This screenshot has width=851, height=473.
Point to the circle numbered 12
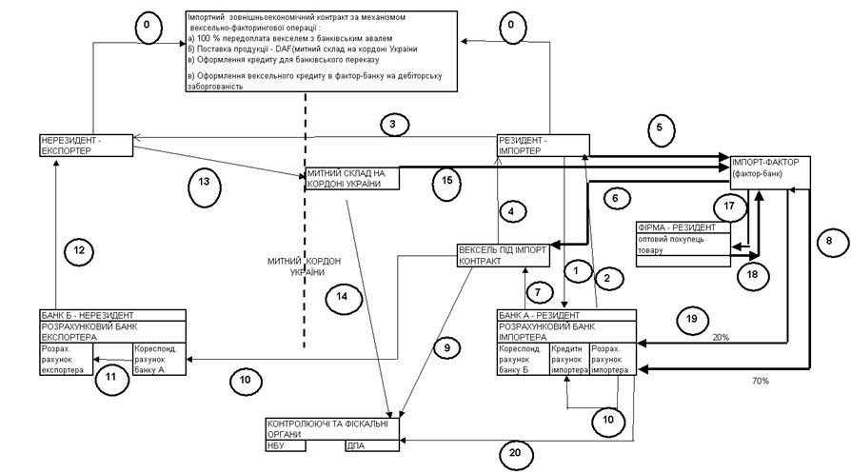coord(81,251)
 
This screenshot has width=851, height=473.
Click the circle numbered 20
coord(515,454)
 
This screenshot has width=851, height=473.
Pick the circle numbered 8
coord(829,242)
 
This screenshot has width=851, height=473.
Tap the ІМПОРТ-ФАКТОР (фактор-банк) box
coord(770,168)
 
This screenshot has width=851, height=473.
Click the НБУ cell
coord(287,444)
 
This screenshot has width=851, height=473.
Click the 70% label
coord(760,380)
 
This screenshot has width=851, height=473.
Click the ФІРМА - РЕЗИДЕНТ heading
coord(675,228)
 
